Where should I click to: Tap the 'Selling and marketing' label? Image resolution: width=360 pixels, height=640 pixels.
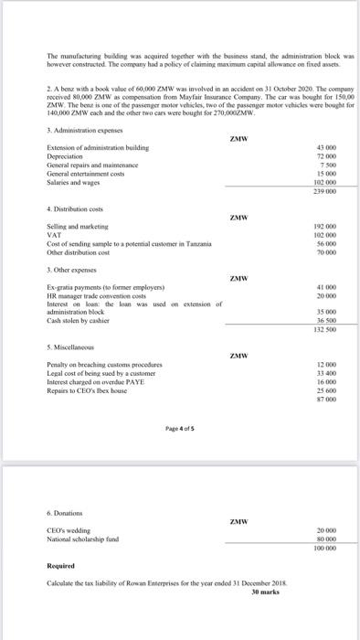coord(76,225)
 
